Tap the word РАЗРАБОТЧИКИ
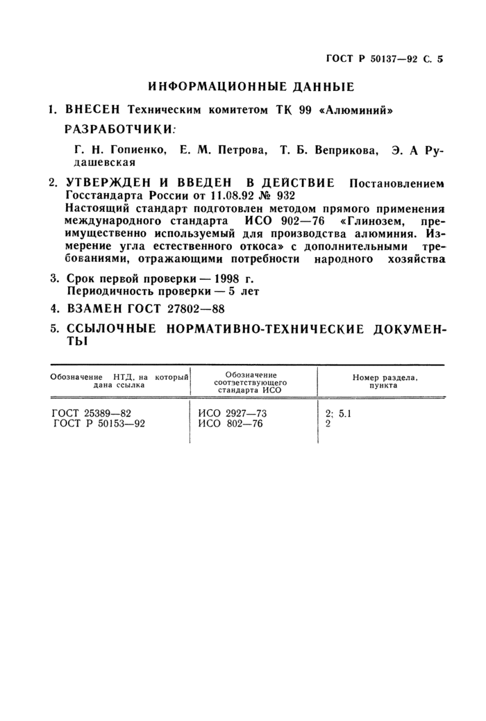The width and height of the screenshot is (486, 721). click(x=119, y=129)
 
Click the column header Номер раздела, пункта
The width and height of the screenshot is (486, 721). click(x=384, y=380)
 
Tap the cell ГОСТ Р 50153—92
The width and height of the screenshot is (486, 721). click(x=100, y=424)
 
